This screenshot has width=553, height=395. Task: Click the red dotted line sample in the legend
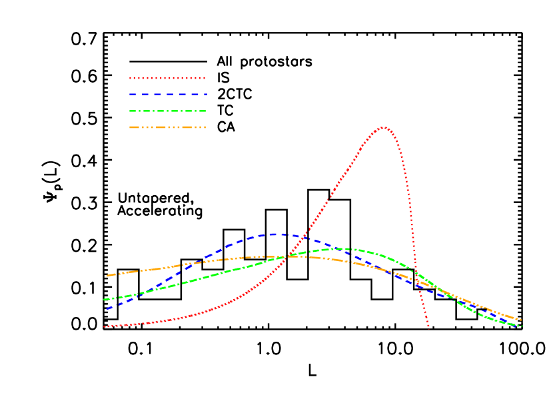(x=167, y=78)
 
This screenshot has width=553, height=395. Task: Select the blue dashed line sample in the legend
(x=168, y=95)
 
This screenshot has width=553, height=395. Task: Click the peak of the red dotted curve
(x=383, y=127)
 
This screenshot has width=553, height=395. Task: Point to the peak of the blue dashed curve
(x=276, y=234)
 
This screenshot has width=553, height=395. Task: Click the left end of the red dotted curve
(x=105, y=326)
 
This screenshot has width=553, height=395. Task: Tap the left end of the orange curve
(x=107, y=275)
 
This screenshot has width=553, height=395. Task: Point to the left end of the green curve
(x=105, y=299)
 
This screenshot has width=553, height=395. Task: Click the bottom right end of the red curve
(x=428, y=327)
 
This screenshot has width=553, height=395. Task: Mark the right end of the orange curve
(x=520, y=320)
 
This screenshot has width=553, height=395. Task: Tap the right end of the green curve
(x=521, y=326)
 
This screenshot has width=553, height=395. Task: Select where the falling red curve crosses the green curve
(x=415, y=270)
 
